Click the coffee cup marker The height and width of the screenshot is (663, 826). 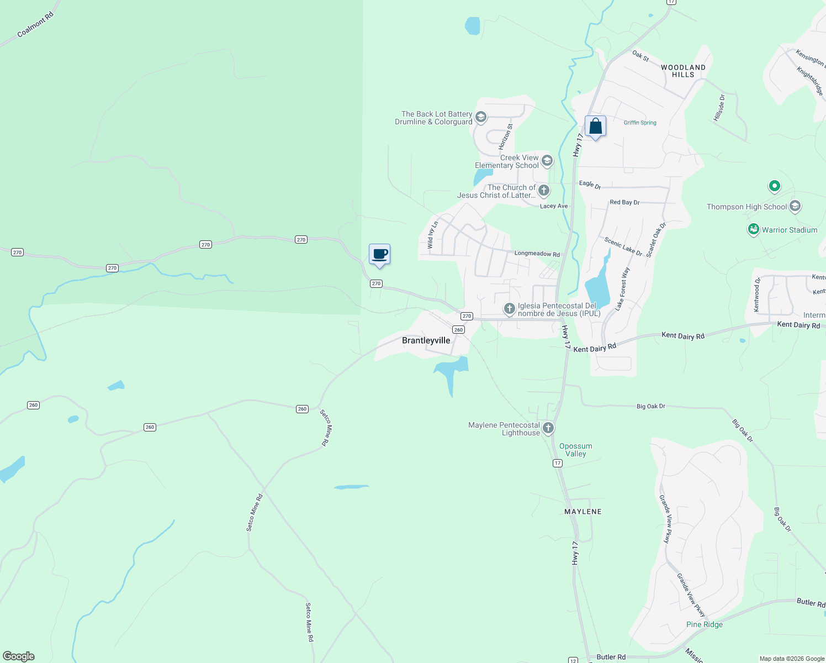coord(379,254)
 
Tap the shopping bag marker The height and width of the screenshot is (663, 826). coord(595,127)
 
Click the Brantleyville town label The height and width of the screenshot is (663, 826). coord(426,340)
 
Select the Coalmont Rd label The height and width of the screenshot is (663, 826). coord(35,25)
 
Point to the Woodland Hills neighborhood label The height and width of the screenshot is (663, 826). coord(683,71)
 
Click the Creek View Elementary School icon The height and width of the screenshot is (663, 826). coord(547,161)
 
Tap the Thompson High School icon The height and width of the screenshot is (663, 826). coord(795,207)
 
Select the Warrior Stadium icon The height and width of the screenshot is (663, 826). coord(754,229)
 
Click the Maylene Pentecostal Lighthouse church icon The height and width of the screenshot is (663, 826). coord(548,428)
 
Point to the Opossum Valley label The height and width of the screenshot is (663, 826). coord(575,450)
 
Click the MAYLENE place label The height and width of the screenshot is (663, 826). coord(583,512)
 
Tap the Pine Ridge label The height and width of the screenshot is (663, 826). coord(704,624)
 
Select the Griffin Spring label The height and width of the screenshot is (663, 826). coord(640,123)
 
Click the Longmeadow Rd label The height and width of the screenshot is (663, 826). coord(537,254)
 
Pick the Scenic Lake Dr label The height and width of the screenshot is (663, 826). coord(623,246)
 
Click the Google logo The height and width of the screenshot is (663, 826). coord(19,656)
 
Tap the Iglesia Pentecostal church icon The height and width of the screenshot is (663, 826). coord(509,308)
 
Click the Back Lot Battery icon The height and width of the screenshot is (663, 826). coord(481,117)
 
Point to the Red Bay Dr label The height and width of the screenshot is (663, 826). coord(624,202)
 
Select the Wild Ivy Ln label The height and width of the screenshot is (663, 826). coord(432,235)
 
